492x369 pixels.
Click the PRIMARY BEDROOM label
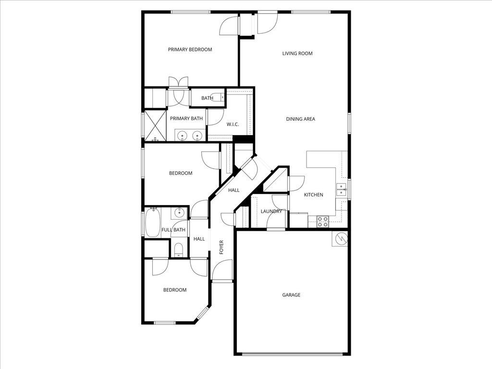[190, 49]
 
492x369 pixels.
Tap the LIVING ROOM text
[297, 53]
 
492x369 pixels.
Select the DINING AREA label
[301, 119]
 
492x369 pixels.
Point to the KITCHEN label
[314, 195]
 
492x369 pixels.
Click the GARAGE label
[291, 295]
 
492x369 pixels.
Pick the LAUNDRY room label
[271, 211]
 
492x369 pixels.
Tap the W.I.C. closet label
[233, 124]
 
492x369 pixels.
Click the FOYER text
[221, 247]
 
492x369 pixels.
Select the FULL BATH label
[173, 230]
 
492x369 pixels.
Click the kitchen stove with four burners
[323, 221]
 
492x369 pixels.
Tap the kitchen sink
[342, 190]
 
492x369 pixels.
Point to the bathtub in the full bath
[153, 222]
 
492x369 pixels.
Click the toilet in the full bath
[178, 249]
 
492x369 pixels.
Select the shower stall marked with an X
[155, 125]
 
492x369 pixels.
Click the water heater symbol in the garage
[340, 238]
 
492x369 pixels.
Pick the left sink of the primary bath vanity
[183, 136]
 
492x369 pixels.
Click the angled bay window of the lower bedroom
[203, 313]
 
